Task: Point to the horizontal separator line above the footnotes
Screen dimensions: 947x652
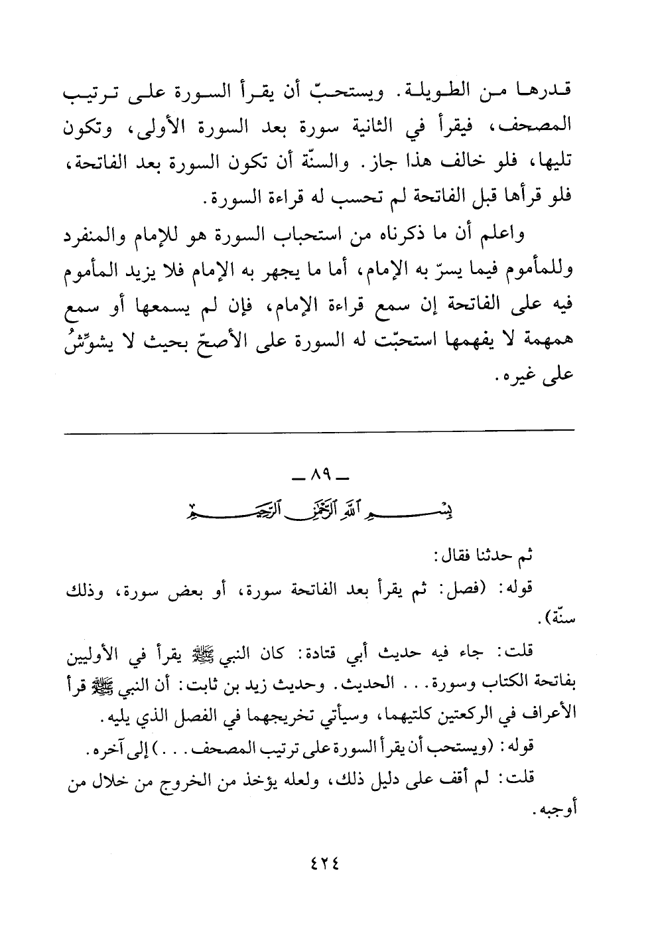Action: [x=319, y=433]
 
